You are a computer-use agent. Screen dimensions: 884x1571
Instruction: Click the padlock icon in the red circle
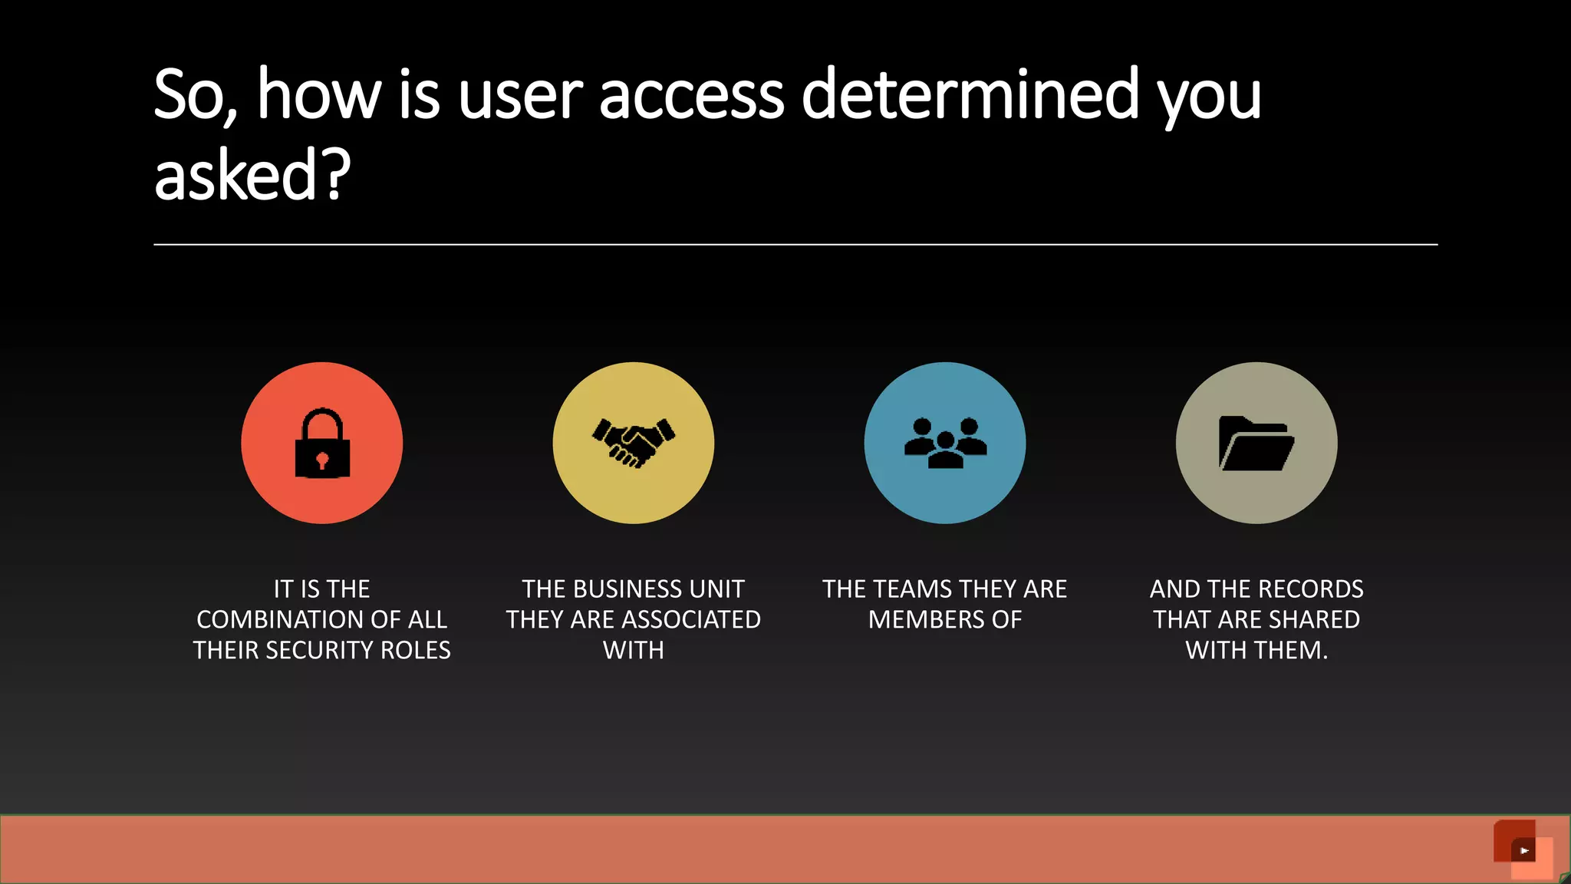(322, 444)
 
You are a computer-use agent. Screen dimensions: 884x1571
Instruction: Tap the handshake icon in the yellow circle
(634, 443)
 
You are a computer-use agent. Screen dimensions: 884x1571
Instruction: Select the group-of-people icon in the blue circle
(945, 443)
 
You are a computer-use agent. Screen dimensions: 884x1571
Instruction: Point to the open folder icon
(1256, 444)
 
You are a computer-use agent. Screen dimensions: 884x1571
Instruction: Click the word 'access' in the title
(691, 95)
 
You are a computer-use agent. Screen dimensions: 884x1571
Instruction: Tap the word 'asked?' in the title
(252, 176)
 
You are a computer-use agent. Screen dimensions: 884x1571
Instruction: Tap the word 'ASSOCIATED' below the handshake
(690, 619)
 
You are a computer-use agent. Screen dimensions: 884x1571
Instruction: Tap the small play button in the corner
(1523, 850)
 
